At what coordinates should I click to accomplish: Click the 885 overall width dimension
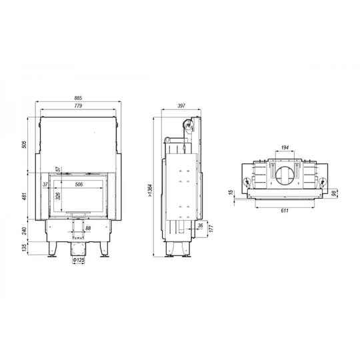(78, 98)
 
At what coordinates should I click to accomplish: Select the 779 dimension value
(78, 107)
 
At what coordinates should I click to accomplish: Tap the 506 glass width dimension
(79, 184)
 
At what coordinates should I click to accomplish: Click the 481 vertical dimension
(24, 197)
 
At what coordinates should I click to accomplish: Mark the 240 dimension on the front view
(24, 232)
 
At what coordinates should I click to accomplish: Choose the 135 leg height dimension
(24, 249)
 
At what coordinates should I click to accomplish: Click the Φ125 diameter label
(79, 260)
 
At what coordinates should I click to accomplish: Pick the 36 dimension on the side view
(201, 225)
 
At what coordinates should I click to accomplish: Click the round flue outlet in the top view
(285, 175)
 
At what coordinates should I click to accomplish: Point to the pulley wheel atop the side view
(189, 124)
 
